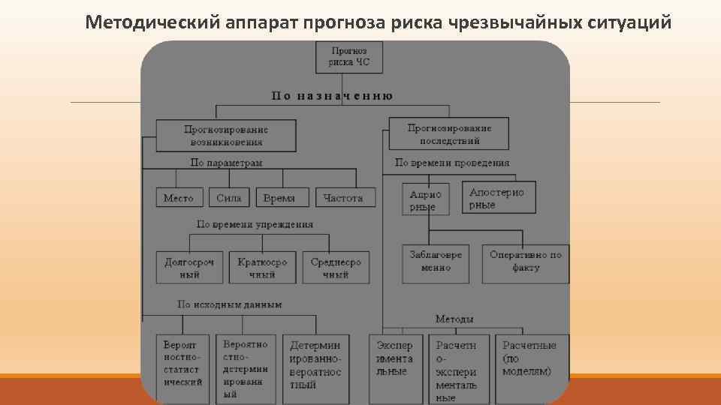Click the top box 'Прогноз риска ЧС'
click(x=349, y=57)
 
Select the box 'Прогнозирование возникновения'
click(x=226, y=135)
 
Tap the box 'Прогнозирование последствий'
click(x=450, y=133)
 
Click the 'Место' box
click(x=179, y=198)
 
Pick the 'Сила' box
click(x=229, y=198)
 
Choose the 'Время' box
click(x=279, y=198)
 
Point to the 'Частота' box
click(x=343, y=198)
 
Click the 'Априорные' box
click(x=425, y=200)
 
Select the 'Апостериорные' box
click(x=497, y=199)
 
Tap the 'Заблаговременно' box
click(x=436, y=262)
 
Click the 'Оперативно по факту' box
click(x=526, y=262)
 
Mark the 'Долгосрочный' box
click(x=189, y=268)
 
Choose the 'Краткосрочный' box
click(x=262, y=268)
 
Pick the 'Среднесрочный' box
click(x=336, y=268)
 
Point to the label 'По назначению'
click(x=332, y=96)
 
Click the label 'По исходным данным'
click(x=230, y=304)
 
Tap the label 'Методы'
click(x=454, y=319)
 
